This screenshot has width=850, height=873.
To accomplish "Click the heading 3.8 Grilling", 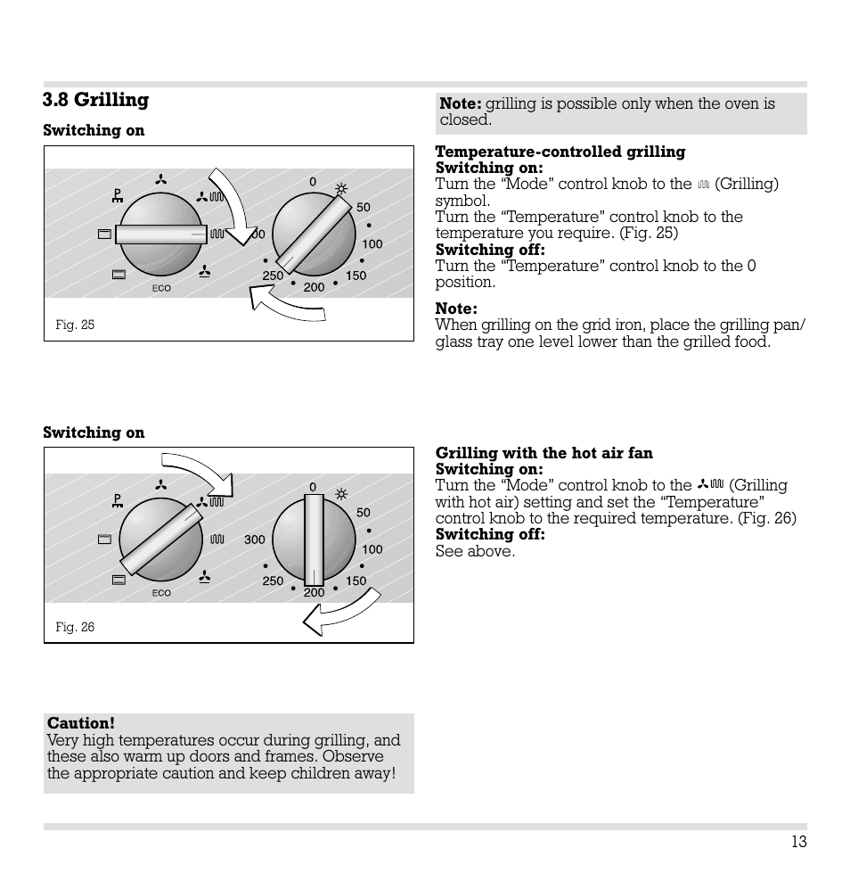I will pyautogui.click(x=96, y=100).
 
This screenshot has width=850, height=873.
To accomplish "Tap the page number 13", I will pyautogui.click(x=797, y=842).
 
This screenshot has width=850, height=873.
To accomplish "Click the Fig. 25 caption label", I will pyautogui.click(x=75, y=325).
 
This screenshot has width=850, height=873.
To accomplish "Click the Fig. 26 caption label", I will pyautogui.click(x=75, y=627).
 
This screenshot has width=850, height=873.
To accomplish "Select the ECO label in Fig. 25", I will pyautogui.click(x=161, y=289).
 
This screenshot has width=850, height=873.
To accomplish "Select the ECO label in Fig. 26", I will pyautogui.click(x=161, y=593).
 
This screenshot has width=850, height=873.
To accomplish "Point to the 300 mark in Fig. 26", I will pyautogui.click(x=255, y=539).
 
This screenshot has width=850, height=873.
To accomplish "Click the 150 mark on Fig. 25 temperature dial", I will pyautogui.click(x=356, y=276).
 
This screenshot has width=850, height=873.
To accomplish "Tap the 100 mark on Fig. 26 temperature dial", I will pyautogui.click(x=372, y=549).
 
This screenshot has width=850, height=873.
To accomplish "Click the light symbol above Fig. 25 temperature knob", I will pyautogui.click(x=340, y=188).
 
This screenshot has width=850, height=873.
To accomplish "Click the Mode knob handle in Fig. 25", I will pyautogui.click(x=161, y=234).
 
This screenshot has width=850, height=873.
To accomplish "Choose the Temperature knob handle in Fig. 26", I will pyautogui.click(x=314, y=540).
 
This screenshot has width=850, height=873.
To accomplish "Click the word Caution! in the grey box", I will pyautogui.click(x=81, y=723).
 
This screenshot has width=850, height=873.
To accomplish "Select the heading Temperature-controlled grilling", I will pyautogui.click(x=560, y=152).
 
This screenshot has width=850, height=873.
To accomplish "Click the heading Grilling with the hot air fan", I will pyautogui.click(x=544, y=453).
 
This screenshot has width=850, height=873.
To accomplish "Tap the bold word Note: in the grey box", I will pyautogui.click(x=460, y=103).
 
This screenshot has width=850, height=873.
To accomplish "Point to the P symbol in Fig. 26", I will pyautogui.click(x=118, y=500).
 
